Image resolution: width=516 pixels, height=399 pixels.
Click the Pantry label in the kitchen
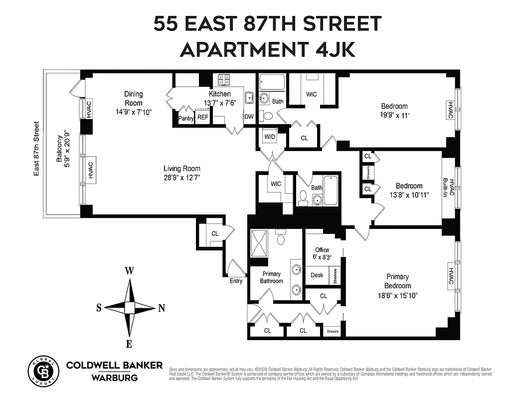pyautogui.click(x=186, y=118)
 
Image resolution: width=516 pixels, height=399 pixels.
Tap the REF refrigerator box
pyautogui.click(x=202, y=118)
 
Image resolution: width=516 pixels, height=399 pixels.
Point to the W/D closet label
pyautogui.click(x=270, y=136)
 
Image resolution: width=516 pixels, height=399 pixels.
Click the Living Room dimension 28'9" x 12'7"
pyautogui.click(x=182, y=178)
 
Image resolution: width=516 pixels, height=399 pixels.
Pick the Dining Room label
pyautogui.click(x=133, y=98)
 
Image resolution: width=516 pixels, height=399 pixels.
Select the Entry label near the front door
pyautogui.click(x=236, y=281)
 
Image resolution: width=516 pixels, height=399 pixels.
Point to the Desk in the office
pyautogui.click(x=317, y=275)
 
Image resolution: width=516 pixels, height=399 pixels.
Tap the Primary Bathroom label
pyautogui.click(x=271, y=277)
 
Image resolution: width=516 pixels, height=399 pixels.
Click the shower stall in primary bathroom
pyautogui.click(x=259, y=244)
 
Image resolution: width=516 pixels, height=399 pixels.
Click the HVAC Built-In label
pyautogui.click(x=449, y=188)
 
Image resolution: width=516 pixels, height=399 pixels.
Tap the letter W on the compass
pyautogui.click(x=129, y=271)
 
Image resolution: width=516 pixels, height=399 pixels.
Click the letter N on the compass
pyautogui.click(x=161, y=308)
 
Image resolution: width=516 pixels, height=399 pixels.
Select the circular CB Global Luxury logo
pyautogui.click(x=41, y=371)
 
